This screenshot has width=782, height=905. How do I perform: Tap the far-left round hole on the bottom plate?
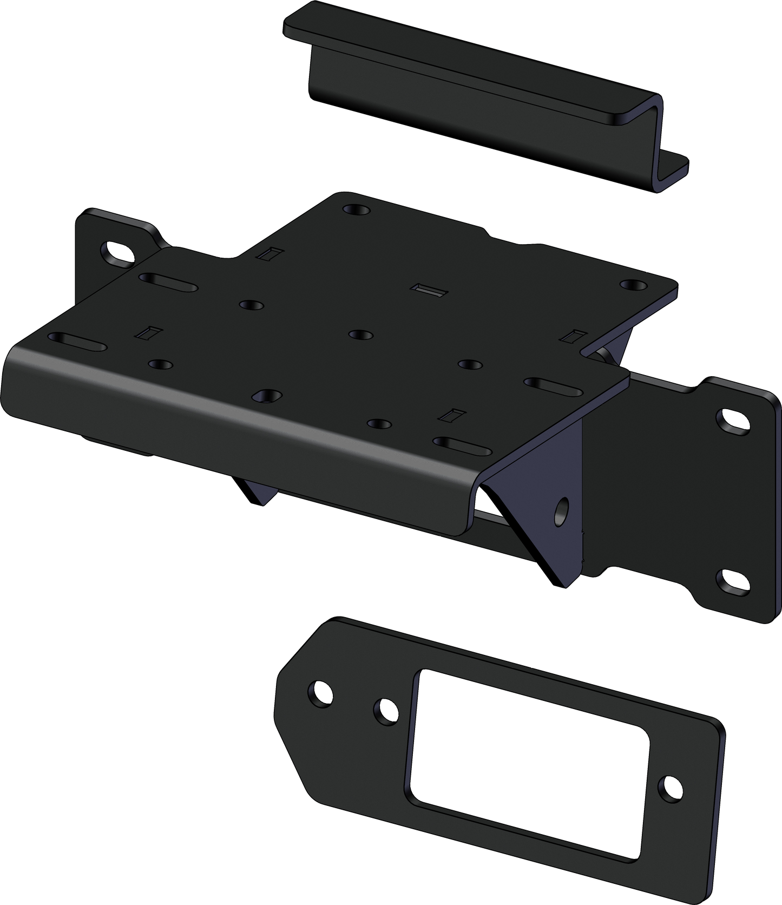[x=320, y=693]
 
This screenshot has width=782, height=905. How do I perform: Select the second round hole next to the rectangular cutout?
[x=386, y=710]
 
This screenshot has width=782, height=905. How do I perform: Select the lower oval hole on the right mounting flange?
[x=733, y=580]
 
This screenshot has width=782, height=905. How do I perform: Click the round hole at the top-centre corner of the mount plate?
[x=357, y=209]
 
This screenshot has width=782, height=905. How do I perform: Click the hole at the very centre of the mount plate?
[x=361, y=335]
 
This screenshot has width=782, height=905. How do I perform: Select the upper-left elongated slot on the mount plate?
[x=167, y=283]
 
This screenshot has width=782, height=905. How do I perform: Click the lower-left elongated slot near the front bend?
[x=77, y=342]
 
